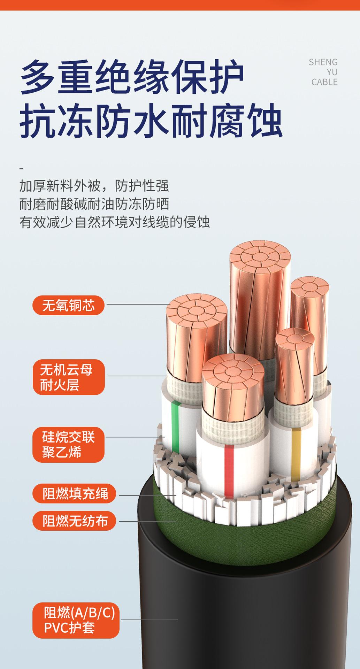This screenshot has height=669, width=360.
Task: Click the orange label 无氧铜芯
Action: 68,305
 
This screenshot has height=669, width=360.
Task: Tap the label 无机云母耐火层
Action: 69,377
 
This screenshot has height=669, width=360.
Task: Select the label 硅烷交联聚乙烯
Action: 69,445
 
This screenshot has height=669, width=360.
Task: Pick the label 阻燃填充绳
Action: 74,493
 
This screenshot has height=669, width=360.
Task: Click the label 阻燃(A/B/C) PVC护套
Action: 76,621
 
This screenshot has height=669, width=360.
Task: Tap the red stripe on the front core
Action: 229,470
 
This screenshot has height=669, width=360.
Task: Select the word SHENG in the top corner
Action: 323,62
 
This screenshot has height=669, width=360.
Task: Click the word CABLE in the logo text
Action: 324,82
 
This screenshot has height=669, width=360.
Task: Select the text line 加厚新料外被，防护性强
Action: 94,186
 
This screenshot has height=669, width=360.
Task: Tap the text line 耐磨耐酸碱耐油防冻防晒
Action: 94,204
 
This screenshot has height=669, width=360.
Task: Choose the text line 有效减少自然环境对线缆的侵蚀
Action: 114,222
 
